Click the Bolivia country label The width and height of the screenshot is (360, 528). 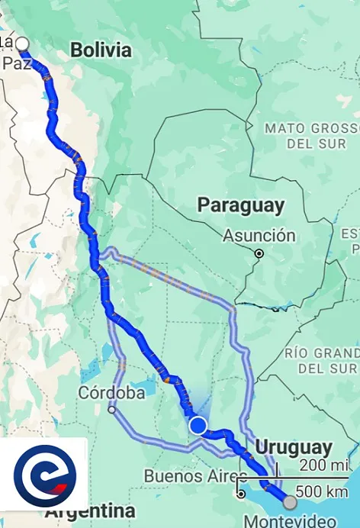pos(101,50)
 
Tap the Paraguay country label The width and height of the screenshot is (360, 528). pos(241,205)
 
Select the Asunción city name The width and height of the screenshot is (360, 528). pos(259,236)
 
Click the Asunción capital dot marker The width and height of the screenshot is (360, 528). pos(259,253)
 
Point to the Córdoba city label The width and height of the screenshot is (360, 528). pos(111,393)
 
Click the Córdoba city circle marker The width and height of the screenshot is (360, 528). pos(112,410)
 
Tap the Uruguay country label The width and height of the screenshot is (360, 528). pos(294,446)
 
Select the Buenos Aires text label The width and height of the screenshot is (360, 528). pos(185,477)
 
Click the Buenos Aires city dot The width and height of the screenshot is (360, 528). pos(241,493)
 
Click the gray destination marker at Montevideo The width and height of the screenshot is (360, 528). pos(290,501)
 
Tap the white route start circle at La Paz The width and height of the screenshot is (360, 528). pos(22,43)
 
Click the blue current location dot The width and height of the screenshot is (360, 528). pos(198,425)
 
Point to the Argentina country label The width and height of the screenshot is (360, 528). pos(90,510)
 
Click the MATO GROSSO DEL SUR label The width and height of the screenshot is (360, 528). pos(311,135)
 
